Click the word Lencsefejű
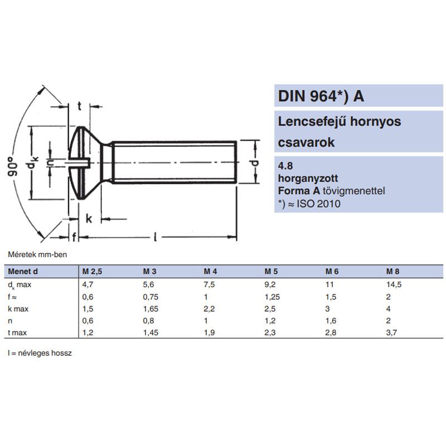(308, 122)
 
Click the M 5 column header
(270, 272)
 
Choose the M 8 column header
(392, 272)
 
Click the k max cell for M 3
(148, 308)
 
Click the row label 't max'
(17, 333)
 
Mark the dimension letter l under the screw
(154, 237)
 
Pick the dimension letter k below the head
(89, 218)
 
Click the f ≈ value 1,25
(272, 296)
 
